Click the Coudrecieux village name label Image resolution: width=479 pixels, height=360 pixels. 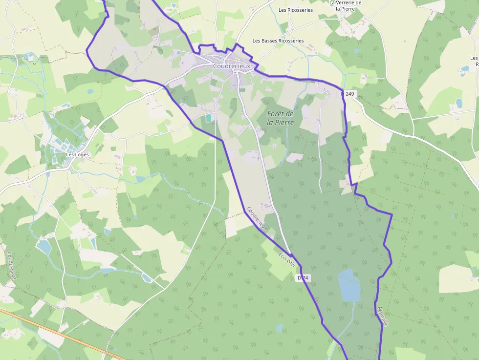click(x=231, y=66)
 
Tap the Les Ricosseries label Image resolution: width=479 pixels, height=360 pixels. click(x=295, y=10)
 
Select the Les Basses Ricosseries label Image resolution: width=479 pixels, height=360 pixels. click(x=278, y=41)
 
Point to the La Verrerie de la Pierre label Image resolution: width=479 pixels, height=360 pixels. click(x=345, y=5)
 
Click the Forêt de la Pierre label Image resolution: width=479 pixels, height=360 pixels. click(x=281, y=118)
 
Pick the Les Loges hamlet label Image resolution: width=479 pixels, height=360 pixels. click(x=77, y=155)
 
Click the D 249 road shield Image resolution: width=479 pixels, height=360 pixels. click(x=348, y=94)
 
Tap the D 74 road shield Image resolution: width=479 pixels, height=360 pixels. click(x=304, y=278)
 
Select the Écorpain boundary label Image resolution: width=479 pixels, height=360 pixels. click(x=287, y=259)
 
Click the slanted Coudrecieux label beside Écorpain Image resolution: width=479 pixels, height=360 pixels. click(x=258, y=218)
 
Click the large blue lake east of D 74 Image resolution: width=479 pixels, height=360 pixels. click(x=349, y=286)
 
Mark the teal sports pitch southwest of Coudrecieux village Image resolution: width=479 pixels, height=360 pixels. click(x=209, y=118)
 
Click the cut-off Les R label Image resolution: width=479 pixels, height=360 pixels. click(x=475, y=61)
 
